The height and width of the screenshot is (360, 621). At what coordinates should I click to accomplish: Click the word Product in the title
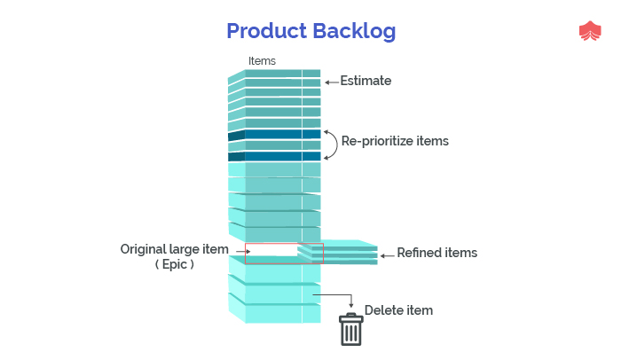266,30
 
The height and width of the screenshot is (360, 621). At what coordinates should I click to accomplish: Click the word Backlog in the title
354,32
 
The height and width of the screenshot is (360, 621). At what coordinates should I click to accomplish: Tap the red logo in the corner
590,30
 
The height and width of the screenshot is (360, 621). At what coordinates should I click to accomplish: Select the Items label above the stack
262,61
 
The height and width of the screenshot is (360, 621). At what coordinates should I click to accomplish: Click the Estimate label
366,81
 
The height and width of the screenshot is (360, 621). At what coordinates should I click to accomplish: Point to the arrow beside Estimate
332,82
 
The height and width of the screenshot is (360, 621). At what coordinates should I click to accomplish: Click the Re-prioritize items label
395,141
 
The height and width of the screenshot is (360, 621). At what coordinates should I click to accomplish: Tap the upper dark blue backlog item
274,135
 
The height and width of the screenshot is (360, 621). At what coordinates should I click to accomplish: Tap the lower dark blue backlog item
274,156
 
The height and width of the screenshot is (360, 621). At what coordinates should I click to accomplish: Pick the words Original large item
174,249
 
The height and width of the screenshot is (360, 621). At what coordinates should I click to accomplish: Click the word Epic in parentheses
175,264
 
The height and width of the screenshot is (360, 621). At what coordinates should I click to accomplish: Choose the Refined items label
436,253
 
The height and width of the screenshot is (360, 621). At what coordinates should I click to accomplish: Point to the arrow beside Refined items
388,256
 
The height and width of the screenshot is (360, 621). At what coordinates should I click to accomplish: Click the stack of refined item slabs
337,252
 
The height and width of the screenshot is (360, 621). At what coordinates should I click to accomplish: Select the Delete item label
398,310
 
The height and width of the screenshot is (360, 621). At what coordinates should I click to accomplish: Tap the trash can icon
351,329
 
